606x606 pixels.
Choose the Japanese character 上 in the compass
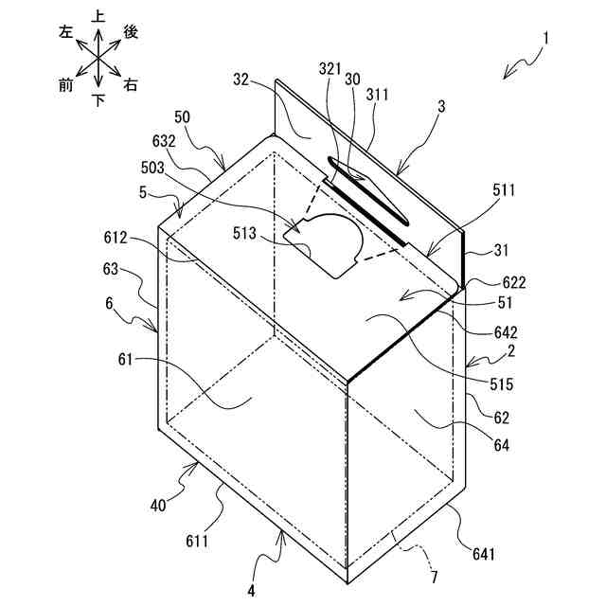[x=98, y=16]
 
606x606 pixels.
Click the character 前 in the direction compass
[x=65, y=85]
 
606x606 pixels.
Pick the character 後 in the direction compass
[x=131, y=31]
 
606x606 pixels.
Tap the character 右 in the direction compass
[x=131, y=85]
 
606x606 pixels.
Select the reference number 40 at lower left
[x=159, y=505]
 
